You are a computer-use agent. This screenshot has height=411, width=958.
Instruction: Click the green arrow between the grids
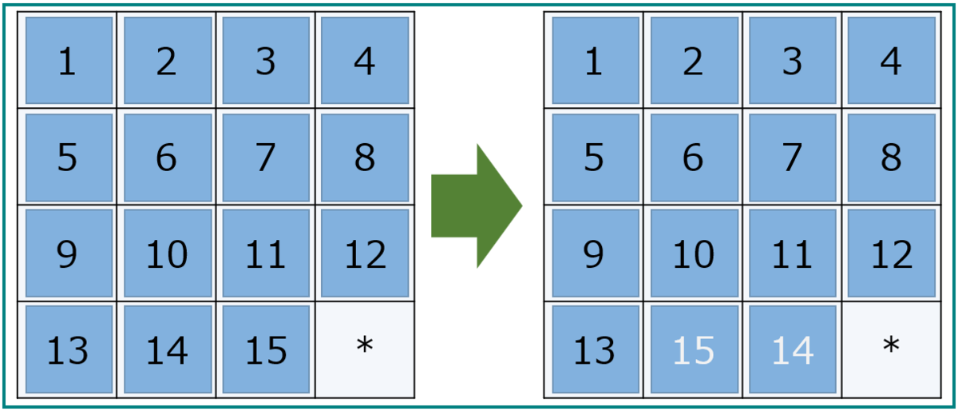point(477,205)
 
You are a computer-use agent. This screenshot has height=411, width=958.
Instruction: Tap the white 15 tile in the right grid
point(694,349)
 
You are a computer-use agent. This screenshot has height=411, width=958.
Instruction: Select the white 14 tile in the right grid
point(793,349)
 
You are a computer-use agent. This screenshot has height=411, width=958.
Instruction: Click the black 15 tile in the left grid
point(266,349)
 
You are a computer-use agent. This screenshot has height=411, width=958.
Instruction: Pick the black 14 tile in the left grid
point(167,349)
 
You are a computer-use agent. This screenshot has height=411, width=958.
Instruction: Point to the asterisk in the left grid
point(365,345)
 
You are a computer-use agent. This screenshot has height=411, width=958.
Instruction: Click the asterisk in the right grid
point(891,345)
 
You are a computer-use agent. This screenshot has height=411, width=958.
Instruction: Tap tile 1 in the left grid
point(69,61)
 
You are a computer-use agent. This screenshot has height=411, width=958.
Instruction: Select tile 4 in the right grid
point(891,61)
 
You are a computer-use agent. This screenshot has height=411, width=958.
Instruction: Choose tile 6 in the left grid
point(167,158)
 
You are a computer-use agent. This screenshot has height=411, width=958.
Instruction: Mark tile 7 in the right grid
point(793,158)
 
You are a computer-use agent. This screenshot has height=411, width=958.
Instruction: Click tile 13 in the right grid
point(596,349)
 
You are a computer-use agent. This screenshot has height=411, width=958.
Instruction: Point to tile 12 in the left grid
point(365,253)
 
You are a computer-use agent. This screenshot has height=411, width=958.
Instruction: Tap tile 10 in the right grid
point(694,253)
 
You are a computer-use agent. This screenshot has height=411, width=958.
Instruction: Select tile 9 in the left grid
point(69,253)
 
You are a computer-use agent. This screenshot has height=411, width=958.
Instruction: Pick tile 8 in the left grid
point(365,158)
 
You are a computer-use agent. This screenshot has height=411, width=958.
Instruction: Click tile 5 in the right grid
point(596,158)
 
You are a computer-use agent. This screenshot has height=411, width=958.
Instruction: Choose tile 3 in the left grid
point(266,61)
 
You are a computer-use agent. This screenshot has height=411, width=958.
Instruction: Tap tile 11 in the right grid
point(793,253)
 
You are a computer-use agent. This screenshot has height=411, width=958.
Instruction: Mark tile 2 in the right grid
point(694,61)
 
